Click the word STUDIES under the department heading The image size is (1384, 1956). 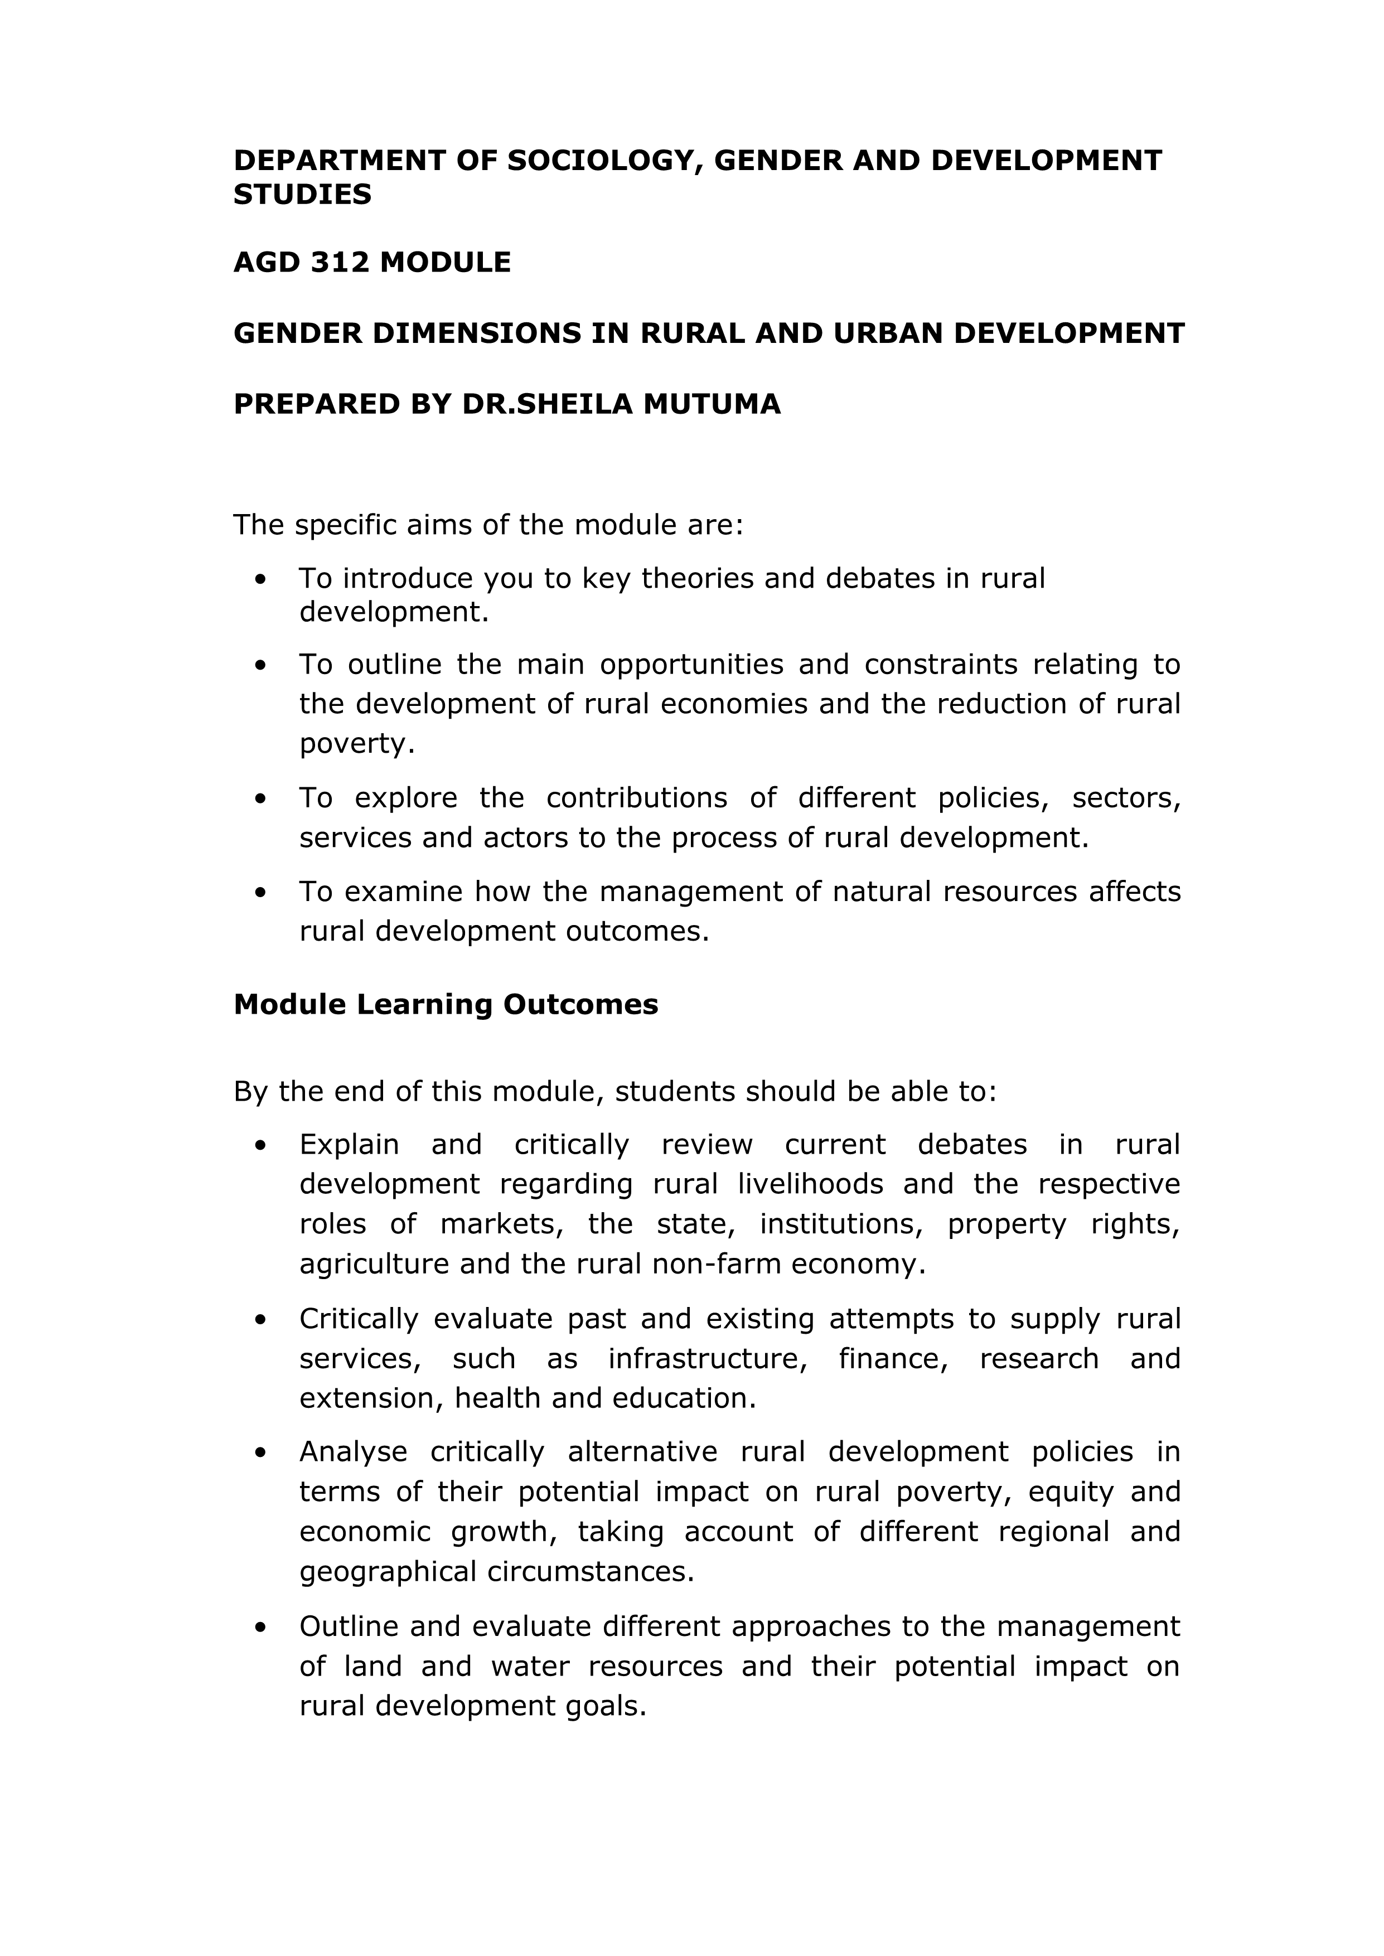click(x=303, y=195)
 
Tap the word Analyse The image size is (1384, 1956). click(x=353, y=1451)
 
